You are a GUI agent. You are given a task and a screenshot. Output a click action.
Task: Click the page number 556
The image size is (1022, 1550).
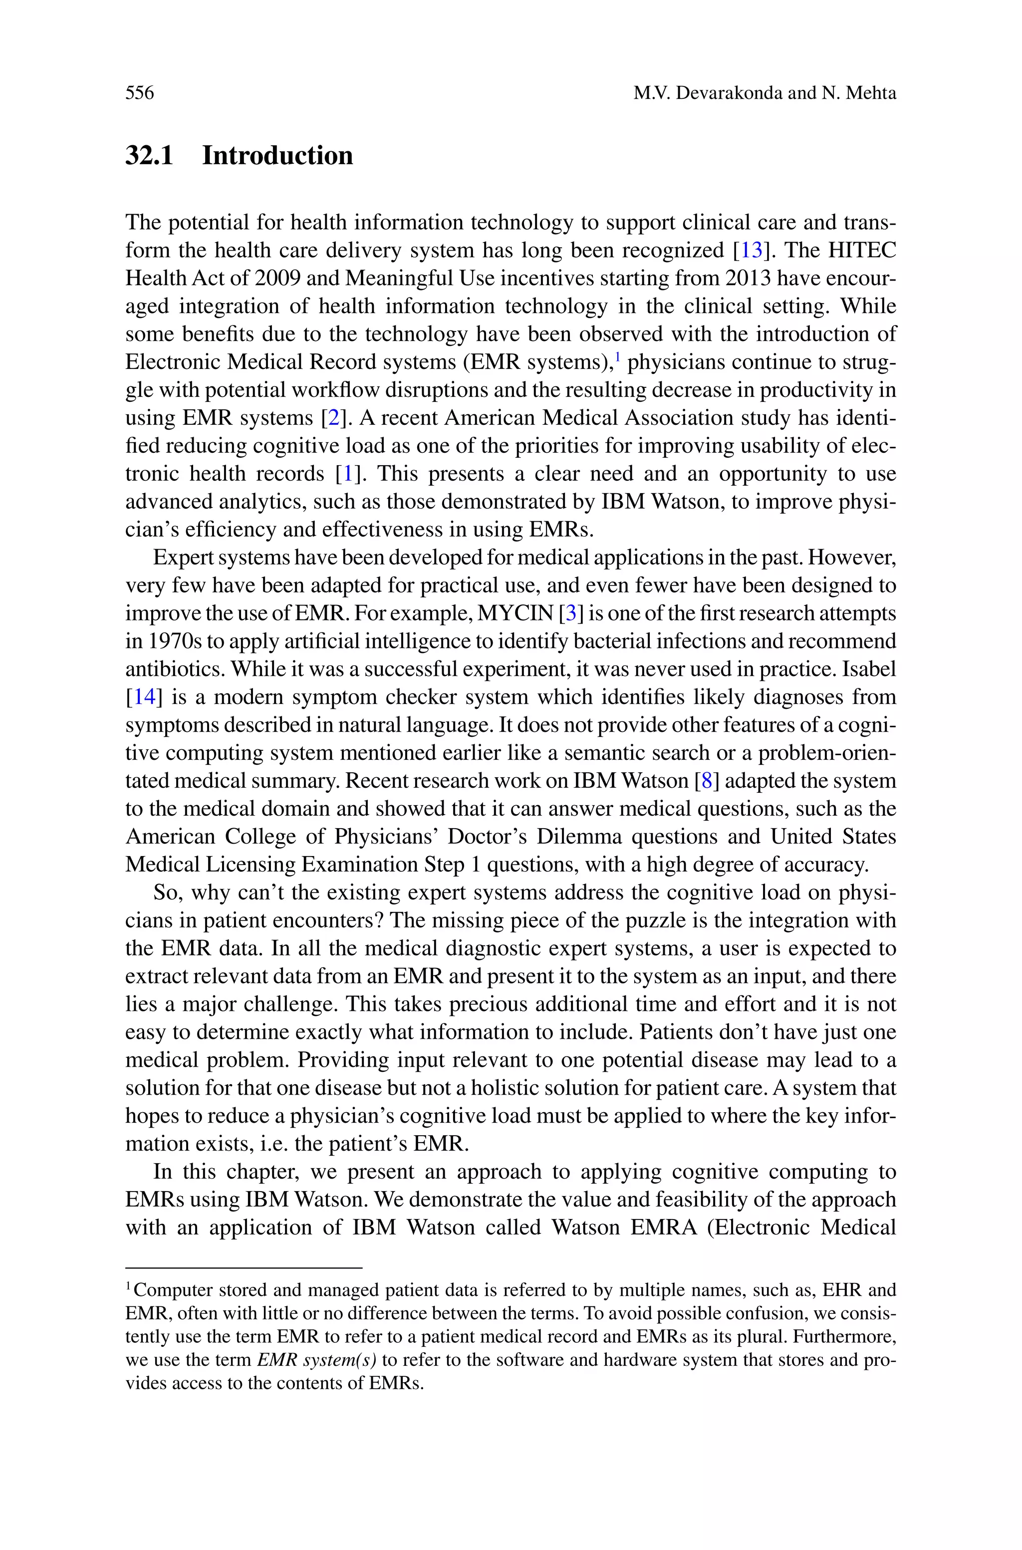[140, 93]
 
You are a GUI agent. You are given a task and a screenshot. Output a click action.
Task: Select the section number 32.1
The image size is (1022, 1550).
[149, 156]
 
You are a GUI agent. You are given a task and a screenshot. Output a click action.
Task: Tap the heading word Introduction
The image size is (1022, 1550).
[277, 156]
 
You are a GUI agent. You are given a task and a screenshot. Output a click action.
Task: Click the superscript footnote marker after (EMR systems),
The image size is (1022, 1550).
[617, 356]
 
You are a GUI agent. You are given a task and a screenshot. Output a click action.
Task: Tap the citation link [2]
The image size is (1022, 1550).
[333, 418]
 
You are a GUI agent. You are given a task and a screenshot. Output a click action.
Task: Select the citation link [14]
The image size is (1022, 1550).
[144, 697]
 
